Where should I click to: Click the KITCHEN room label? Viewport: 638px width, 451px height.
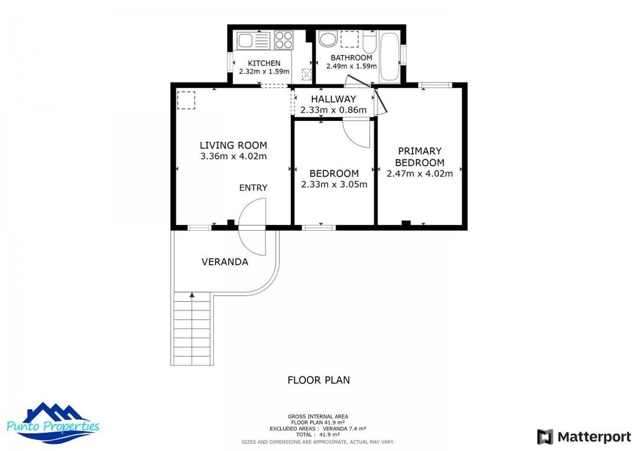(x=263, y=63)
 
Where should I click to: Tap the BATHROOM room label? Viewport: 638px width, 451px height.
(x=351, y=58)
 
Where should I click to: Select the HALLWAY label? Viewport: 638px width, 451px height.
(x=334, y=99)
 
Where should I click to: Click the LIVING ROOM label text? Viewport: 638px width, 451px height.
(x=233, y=145)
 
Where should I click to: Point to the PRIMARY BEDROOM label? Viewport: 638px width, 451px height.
(x=419, y=157)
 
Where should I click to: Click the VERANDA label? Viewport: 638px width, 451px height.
(x=224, y=262)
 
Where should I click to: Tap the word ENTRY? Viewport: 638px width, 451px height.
(x=253, y=188)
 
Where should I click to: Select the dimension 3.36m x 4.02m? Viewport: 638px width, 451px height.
(x=233, y=156)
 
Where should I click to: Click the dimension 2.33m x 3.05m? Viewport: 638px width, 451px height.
(x=334, y=184)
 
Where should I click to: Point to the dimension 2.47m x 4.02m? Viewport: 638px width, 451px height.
(x=419, y=174)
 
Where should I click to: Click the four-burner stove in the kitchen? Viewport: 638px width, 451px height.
(x=284, y=40)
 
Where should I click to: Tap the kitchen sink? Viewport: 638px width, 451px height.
(x=246, y=40)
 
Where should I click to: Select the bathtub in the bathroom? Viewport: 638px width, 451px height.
(x=389, y=56)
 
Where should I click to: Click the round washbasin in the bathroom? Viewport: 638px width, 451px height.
(x=327, y=40)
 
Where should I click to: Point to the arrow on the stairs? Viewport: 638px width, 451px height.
(x=191, y=295)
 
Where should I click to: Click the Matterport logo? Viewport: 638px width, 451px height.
(x=584, y=437)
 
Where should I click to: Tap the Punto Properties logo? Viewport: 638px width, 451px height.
(x=53, y=424)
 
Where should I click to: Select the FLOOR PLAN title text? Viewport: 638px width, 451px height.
(x=318, y=380)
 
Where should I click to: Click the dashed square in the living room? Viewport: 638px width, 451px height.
(x=186, y=100)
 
